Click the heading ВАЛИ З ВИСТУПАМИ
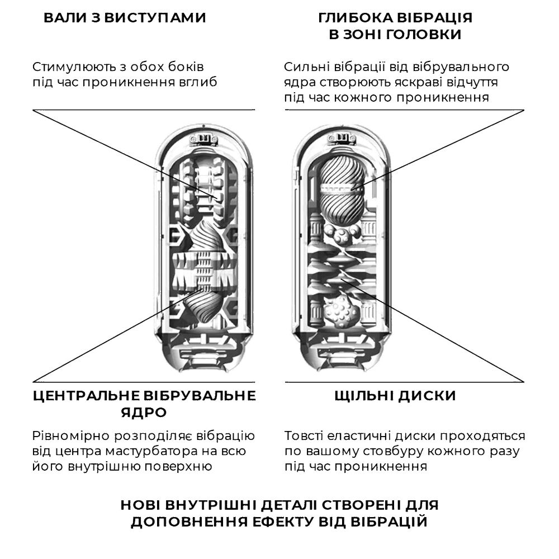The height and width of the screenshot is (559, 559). point(125,18)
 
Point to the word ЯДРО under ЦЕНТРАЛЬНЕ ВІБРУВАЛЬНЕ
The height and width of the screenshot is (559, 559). point(144,413)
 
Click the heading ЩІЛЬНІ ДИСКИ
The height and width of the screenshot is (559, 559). point(395,396)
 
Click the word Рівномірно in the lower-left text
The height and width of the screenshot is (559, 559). point(71,435)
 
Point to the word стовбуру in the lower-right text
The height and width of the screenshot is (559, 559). point(393,451)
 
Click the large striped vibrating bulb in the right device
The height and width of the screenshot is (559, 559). point(340,191)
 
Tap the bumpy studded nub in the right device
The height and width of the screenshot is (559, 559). point(341,311)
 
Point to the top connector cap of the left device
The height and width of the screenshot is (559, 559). point(203,138)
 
